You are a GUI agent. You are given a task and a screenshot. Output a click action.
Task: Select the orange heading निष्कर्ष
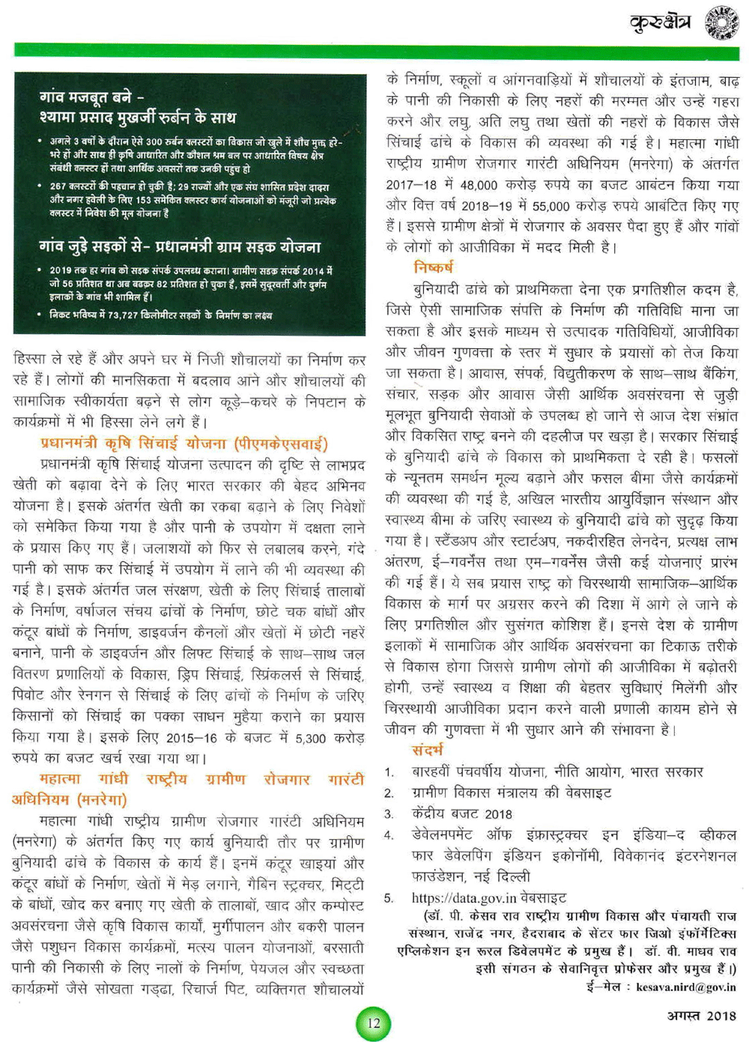[433, 267]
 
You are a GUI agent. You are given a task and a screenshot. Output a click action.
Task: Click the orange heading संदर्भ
[427, 749]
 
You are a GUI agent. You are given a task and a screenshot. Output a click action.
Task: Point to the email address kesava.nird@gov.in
[685, 987]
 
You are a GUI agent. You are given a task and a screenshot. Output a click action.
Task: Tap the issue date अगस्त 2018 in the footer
[702, 1016]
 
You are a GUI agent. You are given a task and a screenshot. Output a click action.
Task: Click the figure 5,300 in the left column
[310, 739]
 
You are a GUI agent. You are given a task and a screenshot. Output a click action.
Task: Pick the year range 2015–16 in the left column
[191, 739]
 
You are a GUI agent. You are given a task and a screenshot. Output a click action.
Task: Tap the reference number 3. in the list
[389, 814]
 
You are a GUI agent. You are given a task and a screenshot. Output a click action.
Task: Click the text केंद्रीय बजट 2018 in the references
[462, 814]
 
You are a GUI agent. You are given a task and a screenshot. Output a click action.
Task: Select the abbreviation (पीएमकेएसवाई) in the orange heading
[281, 444]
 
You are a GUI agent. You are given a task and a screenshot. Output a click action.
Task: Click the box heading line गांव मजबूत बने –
[93, 98]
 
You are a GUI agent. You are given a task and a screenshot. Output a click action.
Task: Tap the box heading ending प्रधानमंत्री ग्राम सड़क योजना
[180, 246]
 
